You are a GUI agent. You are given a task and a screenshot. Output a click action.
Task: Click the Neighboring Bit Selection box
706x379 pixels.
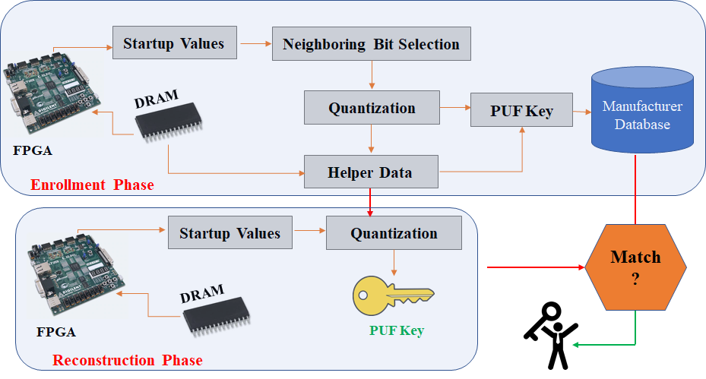coord(372,43)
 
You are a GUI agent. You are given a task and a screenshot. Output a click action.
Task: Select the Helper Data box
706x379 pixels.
coord(371,172)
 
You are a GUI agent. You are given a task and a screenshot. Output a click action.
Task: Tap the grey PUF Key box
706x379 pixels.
coord(521,110)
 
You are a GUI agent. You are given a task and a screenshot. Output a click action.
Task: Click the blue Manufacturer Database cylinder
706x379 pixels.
coord(642,110)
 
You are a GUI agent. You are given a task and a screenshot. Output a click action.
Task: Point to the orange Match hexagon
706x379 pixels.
coord(635,267)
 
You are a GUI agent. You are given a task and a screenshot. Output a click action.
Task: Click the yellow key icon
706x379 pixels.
coord(393,295)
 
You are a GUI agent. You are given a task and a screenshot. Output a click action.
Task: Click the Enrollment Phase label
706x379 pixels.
coord(92,185)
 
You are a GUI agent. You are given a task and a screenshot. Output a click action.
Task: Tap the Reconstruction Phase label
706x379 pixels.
coord(128,360)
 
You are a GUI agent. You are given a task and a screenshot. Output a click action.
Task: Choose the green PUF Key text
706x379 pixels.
coord(397,330)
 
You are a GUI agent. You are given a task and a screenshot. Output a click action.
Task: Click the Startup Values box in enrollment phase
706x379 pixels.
coord(175,43)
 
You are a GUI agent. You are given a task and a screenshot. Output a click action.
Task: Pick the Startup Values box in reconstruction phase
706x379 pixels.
coord(230,232)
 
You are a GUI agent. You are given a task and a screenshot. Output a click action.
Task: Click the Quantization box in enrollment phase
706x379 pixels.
coord(372,108)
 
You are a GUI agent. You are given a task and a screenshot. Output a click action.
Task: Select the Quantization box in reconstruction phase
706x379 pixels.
coord(394,232)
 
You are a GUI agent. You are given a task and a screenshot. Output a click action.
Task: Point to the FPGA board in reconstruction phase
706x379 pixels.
coord(77,276)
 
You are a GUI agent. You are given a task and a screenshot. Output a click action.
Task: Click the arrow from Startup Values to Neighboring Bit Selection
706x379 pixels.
coord(256,43)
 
